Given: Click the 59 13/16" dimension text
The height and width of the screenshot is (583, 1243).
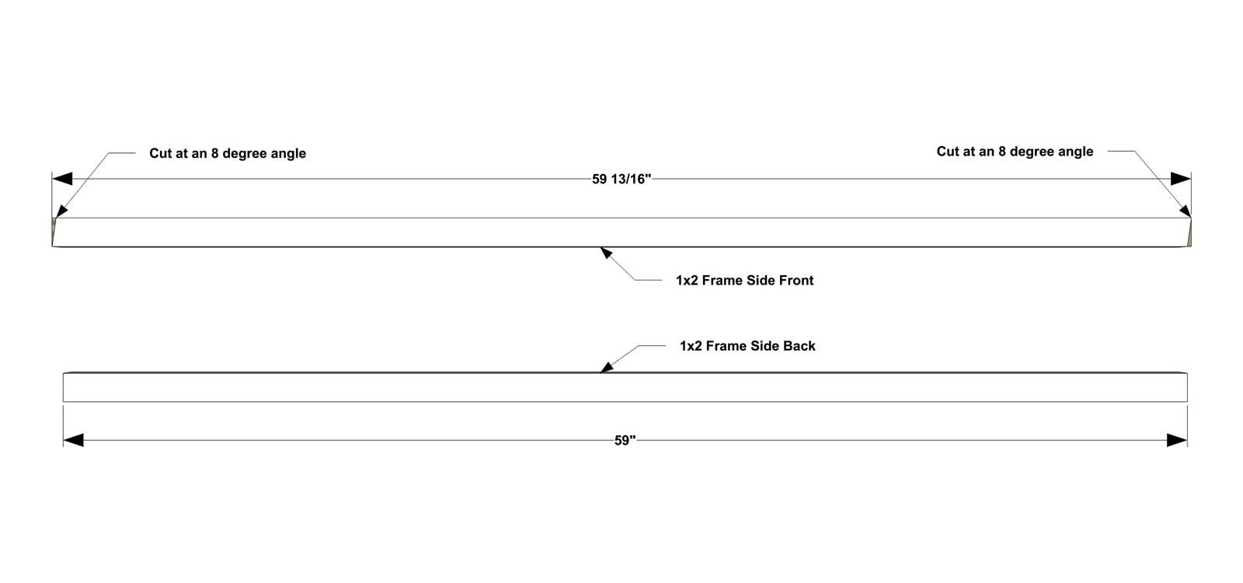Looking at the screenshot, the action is pyautogui.click(x=621, y=180).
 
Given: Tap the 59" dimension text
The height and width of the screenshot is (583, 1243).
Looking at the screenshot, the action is pyautogui.click(x=625, y=440).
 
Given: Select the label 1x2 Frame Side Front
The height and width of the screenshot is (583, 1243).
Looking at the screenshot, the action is pyautogui.click(x=745, y=281).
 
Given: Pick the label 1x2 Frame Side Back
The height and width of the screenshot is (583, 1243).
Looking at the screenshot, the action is pyautogui.click(x=747, y=346).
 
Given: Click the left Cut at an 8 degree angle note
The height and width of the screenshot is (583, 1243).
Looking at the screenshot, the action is pyautogui.click(x=228, y=153).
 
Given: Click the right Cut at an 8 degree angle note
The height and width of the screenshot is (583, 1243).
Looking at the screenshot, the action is pyautogui.click(x=1015, y=152).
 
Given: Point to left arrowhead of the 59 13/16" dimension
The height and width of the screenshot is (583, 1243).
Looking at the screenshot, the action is pyautogui.click(x=62, y=179).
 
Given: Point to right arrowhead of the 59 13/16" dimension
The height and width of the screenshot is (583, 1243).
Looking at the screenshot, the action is pyautogui.click(x=1181, y=179).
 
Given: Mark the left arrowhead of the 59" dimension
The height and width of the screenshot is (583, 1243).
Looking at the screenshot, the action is pyautogui.click(x=73, y=440).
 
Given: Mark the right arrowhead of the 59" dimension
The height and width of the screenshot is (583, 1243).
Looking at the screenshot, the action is pyautogui.click(x=1177, y=440).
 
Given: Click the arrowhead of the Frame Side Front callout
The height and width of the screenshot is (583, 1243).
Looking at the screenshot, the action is pyautogui.click(x=606, y=253).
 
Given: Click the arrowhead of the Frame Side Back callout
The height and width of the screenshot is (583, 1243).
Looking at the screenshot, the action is pyautogui.click(x=607, y=367).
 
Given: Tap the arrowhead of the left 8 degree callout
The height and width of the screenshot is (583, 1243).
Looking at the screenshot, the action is pyautogui.click(x=61, y=211).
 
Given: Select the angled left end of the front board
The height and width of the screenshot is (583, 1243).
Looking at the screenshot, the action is pyautogui.click(x=54, y=232).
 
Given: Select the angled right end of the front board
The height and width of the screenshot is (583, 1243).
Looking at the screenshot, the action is pyautogui.click(x=1189, y=232).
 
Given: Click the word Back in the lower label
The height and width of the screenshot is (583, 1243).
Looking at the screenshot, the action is pyautogui.click(x=799, y=346).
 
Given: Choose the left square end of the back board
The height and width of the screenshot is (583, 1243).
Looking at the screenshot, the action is pyautogui.click(x=63, y=387).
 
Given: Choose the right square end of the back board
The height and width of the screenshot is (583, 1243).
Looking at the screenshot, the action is pyautogui.click(x=1188, y=387).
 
